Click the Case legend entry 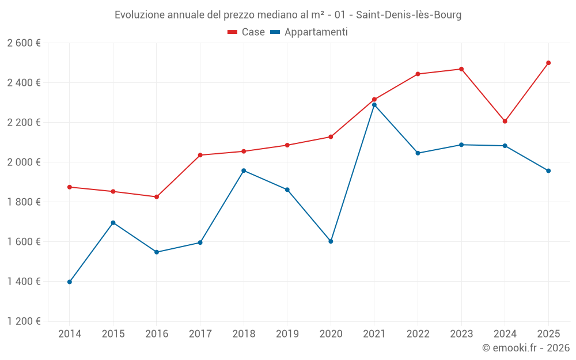[x=247, y=32]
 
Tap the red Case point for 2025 [x=548, y=63]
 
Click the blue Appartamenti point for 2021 [x=374, y=105]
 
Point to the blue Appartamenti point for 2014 [x=70, y=282]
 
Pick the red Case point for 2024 [x=505, y=122]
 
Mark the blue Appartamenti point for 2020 [x=331, y=241]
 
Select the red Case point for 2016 [x=157, y=197]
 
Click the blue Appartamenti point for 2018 [x=244, y=170]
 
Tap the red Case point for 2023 [x=461, y=69]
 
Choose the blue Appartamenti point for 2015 [x=113, y=223]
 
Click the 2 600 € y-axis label [x=24, y=43]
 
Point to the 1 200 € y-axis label [x=24, y=321]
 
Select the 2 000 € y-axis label [x=24, y=162]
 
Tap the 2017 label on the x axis [x=200, y=334]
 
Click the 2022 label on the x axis [x=418, y=334]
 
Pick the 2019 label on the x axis [x=287, y=334]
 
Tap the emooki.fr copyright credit [x=526, y=348]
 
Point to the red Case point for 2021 [x=374, y=100]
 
